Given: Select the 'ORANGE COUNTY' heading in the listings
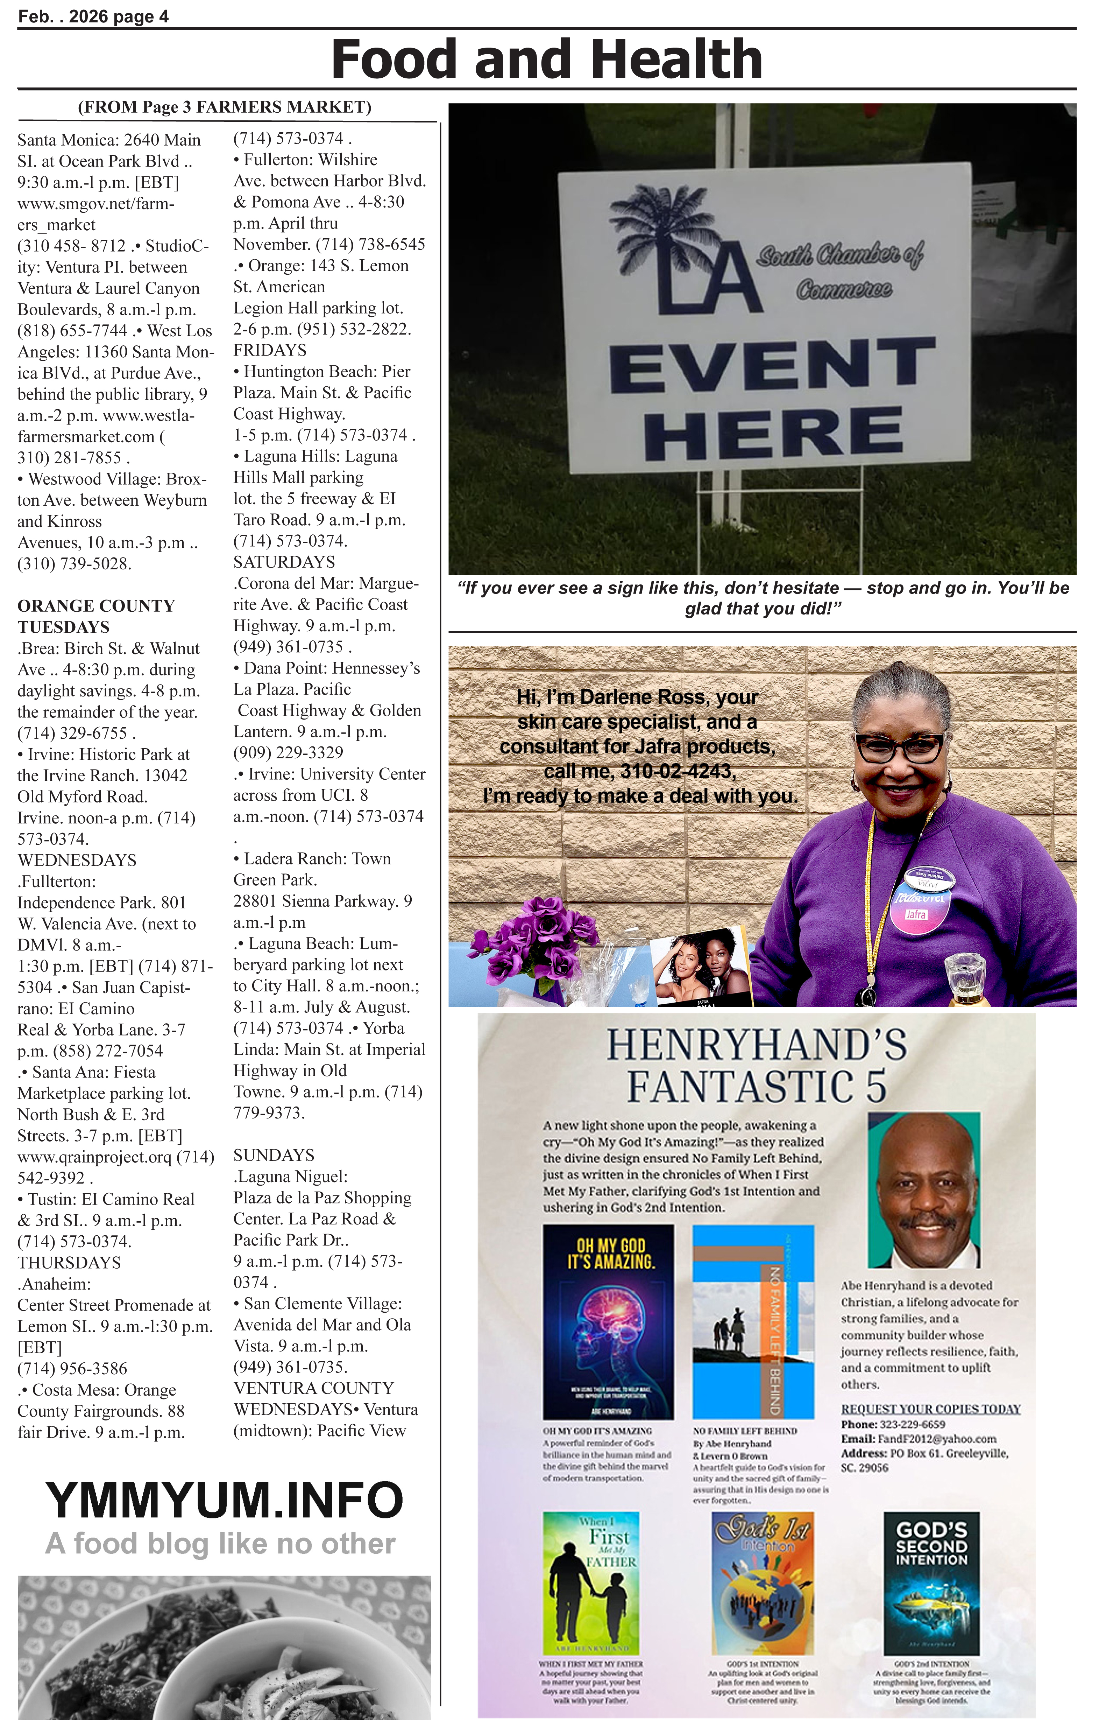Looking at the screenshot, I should pyautogui.click(x=96, y=606).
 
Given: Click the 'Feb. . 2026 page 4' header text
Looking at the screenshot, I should pyautogui.click(x=93, y=16).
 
